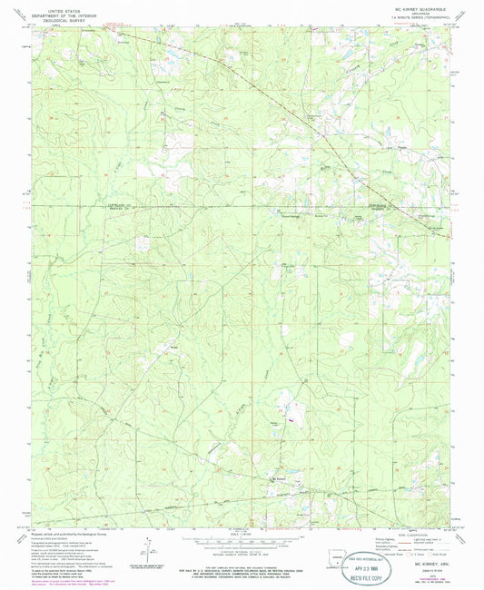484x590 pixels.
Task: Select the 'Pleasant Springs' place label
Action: (290, 216)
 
